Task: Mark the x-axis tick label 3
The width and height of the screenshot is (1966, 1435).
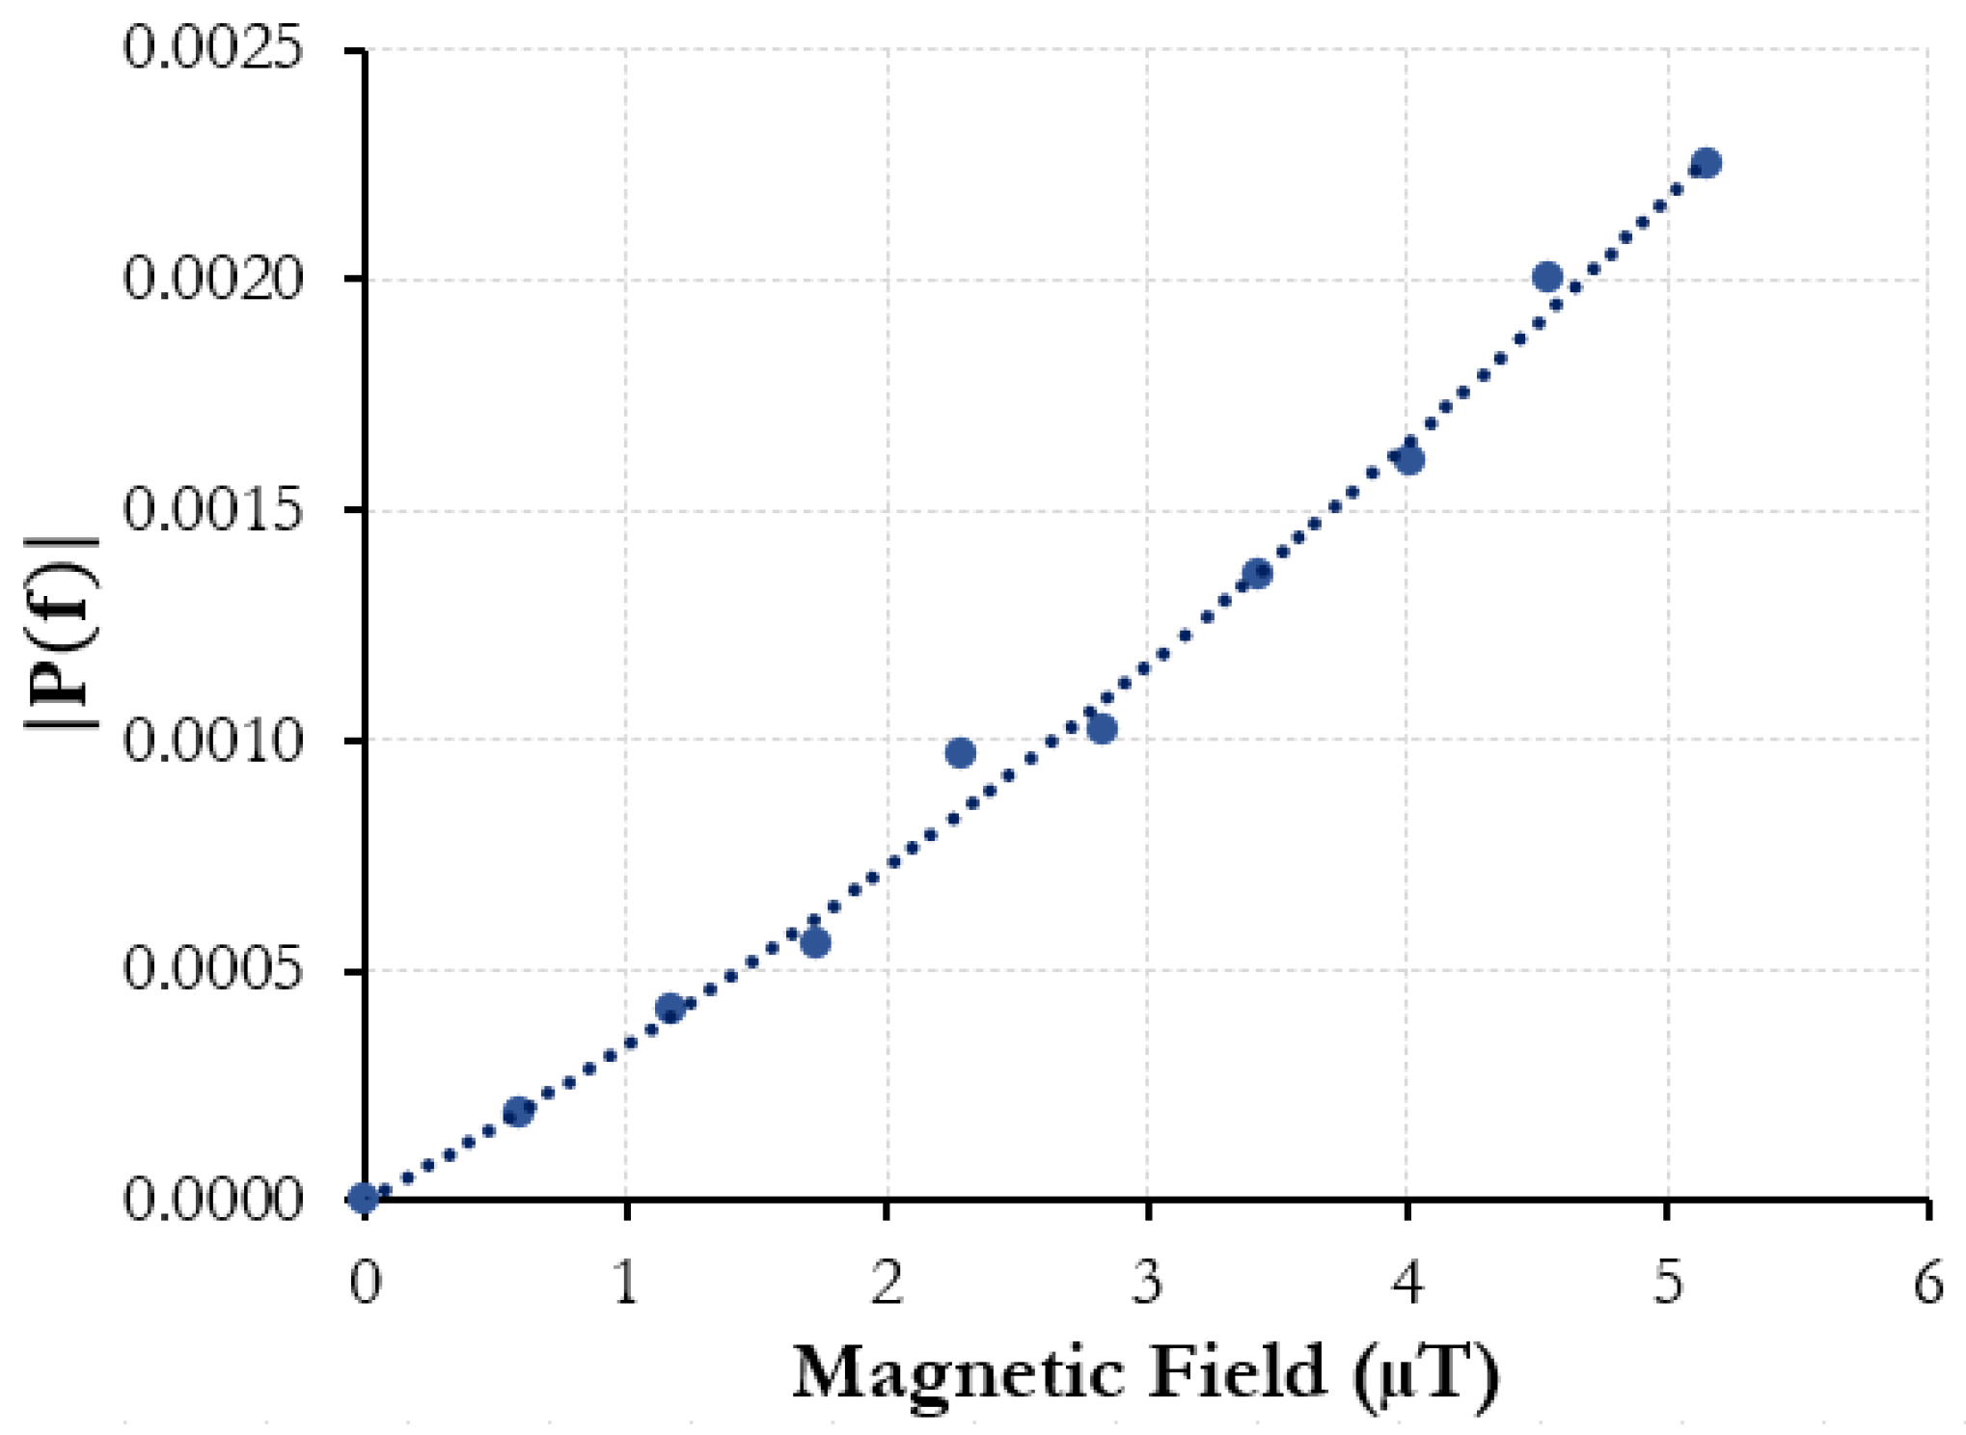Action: tap(1147, 1284)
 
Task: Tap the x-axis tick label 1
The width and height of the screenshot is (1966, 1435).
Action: tap(626, 1284)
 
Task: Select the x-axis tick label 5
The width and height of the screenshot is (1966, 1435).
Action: tap(1668, 1284)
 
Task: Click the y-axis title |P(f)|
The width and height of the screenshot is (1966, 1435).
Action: tap(61, 634)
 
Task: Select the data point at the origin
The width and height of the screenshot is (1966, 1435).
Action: tap(364, 1199)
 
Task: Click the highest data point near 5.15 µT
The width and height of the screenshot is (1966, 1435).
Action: tap(1706, 162)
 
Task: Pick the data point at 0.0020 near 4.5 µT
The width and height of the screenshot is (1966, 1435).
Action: tap(1547, 278)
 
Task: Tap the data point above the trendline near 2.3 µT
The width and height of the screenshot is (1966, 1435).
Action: tap(960, 753)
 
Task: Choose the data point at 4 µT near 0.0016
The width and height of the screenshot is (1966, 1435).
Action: tap(1409, 460)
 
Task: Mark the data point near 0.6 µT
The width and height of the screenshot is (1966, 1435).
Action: tap(518, 1112)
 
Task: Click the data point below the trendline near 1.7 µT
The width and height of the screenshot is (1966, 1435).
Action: tap(816, 943)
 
